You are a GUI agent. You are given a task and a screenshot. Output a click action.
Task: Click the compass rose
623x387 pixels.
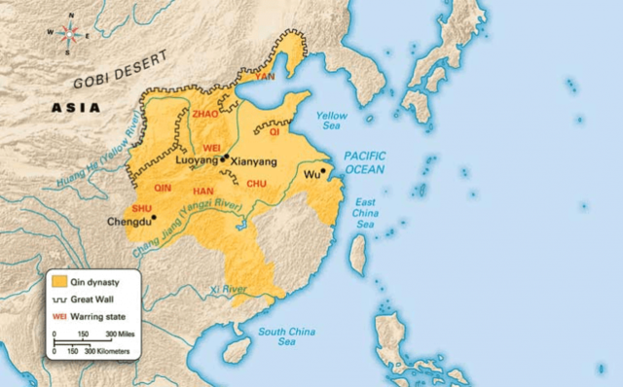click(68, 30)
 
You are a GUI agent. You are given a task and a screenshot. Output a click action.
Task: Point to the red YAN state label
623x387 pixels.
click(265, 75)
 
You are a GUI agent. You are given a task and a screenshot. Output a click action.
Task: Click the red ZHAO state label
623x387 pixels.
click(206, 114)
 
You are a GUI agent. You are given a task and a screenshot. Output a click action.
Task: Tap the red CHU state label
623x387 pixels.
click(257, 183)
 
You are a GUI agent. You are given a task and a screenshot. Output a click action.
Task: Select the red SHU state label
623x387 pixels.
click(140, 208)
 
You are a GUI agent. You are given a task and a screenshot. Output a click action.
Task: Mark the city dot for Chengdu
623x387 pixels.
click(153, 218)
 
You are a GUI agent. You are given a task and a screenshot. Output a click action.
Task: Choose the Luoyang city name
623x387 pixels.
click(197, 159)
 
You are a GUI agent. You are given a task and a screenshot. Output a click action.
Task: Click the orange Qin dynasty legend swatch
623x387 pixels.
click(60, 281)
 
